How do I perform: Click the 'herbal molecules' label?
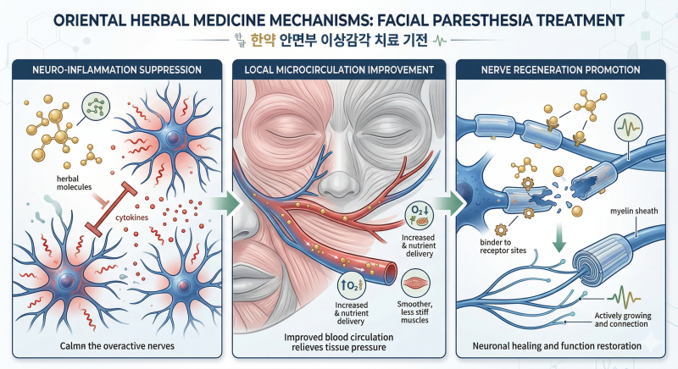[75, 183]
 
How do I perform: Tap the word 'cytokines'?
[132, 218]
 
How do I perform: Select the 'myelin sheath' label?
[634, 211]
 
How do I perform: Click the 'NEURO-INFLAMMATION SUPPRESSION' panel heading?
[117, 70]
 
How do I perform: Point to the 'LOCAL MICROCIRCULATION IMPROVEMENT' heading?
[339, 70]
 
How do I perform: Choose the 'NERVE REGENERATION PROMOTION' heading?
[560, 70]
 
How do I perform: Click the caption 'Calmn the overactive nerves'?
[117, 346]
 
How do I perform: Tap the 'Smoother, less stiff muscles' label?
[414, 312]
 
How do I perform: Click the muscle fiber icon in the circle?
[415, 284]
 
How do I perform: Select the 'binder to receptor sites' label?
[503, 246]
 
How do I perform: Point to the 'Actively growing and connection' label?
[623, 320]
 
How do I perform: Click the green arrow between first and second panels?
[225, 202]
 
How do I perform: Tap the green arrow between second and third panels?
[450, 202]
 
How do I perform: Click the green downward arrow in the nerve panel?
[559, 237]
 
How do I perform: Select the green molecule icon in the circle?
[96, 107]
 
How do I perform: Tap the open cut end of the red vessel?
[392, 272]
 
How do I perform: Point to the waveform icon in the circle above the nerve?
[628, 127]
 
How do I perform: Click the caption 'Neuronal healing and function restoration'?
[557, 346]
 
